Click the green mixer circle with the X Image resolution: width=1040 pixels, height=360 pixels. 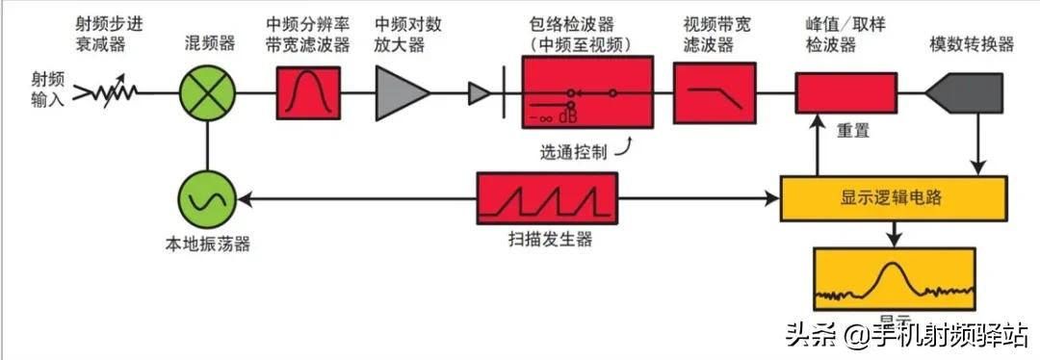pyautogui.click(x=207, y=93)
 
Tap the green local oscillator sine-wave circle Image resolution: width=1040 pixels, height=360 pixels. pyautogui.click(x=207, y=199)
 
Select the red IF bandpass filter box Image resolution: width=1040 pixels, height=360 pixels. pyautogui.click(x=308, y=93)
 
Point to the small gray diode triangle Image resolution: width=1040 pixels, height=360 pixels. pyautogui.click(x=479, y=93)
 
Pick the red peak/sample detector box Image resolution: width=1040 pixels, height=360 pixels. pyautogui.click(x=845, y=93)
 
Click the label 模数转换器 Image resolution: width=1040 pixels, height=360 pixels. pyautogui.click(x=972, y=45)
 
